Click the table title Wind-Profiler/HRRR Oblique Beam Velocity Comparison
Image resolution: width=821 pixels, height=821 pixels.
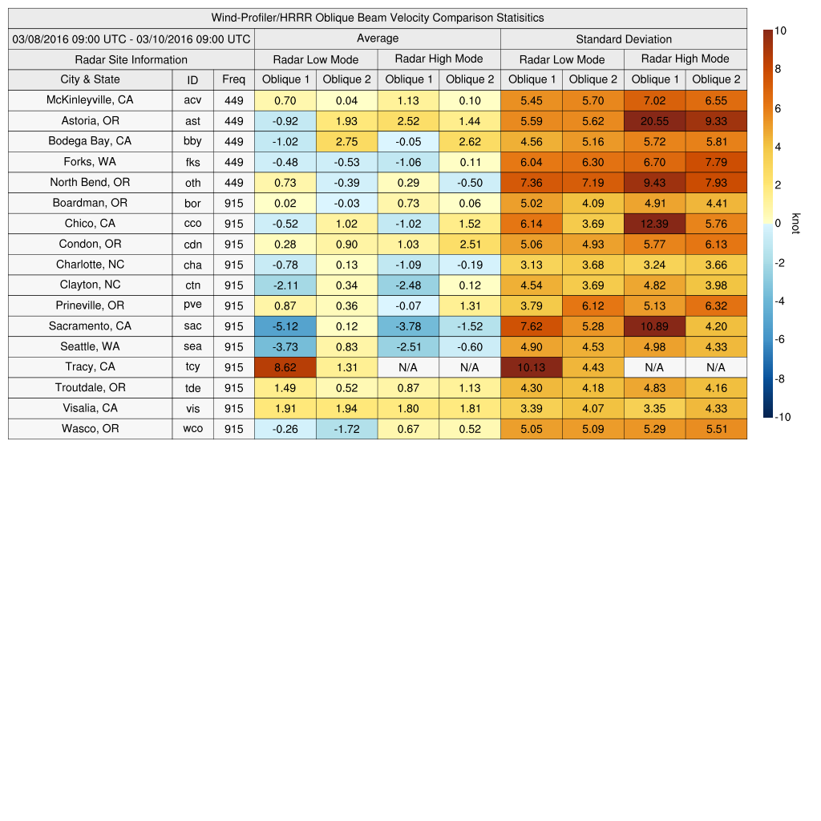[x=378, y=18]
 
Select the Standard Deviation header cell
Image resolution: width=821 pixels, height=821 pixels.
[x=624, y=38]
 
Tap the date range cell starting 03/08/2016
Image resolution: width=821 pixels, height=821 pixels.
[x=131, y=38]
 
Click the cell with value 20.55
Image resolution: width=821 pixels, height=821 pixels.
[x=654, y=120]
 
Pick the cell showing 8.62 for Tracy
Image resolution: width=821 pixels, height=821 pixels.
[x=285, y=367]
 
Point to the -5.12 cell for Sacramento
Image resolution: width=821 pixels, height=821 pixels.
[x=285, y=326]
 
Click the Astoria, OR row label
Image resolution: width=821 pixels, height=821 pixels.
[x=90, y=120]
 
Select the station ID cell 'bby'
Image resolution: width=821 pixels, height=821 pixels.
[x=192, y=141]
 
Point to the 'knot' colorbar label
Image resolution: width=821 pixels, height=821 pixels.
[x=796, y=224]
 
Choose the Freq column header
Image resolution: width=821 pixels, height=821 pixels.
[x=233, y=79]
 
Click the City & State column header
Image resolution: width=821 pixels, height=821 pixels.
[x=90, y=79]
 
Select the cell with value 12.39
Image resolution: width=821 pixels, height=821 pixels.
[x=654, y=224]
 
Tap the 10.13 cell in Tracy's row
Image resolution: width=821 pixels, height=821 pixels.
[x=531, y=367]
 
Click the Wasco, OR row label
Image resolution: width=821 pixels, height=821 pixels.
[x=90, y=429]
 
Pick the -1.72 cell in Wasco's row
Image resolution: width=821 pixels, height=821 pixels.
[x=346, y=429]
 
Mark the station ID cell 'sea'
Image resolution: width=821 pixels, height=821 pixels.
[x=192, y=347]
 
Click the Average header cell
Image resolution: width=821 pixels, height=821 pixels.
[x=377, y=38]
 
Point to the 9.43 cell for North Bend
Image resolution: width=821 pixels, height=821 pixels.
[x=654, y=183]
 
